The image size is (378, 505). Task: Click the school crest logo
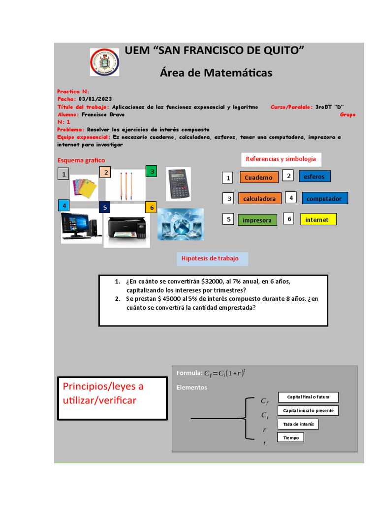[104, 62]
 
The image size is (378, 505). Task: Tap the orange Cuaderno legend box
[259, 177]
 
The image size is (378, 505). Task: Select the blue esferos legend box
[314, 176]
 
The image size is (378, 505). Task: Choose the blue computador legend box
[324, 198]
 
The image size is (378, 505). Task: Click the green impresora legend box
[257, 220]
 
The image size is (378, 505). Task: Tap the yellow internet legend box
[318, 219]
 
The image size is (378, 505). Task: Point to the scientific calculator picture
[178, 183]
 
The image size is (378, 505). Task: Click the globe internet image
[180, 224]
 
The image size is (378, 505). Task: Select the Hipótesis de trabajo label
[212, 258]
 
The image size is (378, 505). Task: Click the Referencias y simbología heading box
[281, 159]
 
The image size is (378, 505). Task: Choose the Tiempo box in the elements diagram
[291, 437]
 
